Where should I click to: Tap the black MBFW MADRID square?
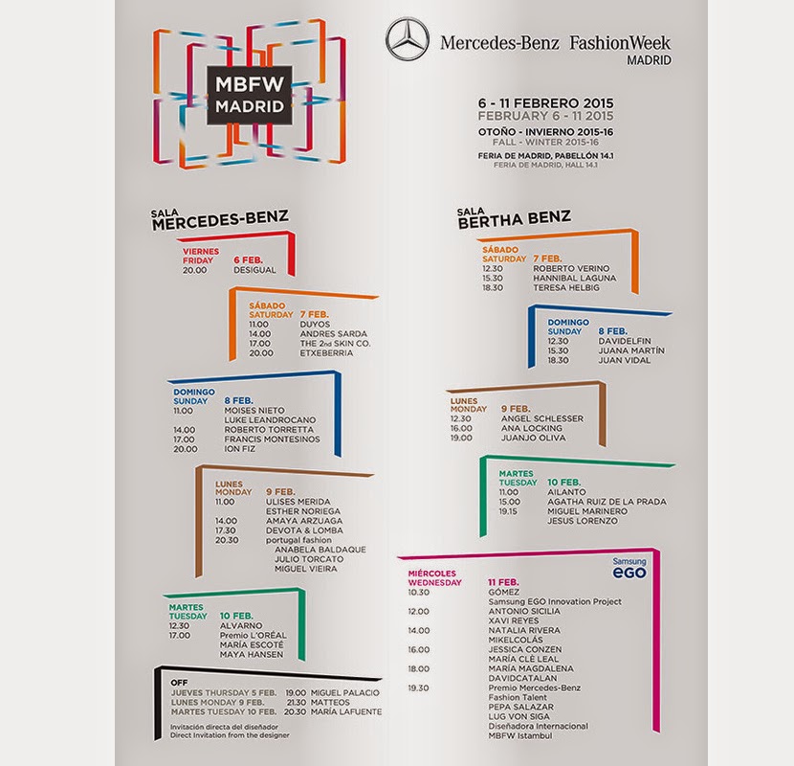pos(250,94)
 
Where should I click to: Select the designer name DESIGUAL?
pos(254,270)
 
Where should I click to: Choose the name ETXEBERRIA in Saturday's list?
pos(326,353)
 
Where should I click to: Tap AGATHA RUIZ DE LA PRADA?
pos(607,501)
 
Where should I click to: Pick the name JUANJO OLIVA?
pos(533,438)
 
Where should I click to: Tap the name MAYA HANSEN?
pos(251,654)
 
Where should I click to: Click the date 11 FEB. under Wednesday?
pos(503,582)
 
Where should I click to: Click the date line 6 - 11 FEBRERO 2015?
pos(545,102)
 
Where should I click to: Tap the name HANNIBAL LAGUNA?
pos(575,279)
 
